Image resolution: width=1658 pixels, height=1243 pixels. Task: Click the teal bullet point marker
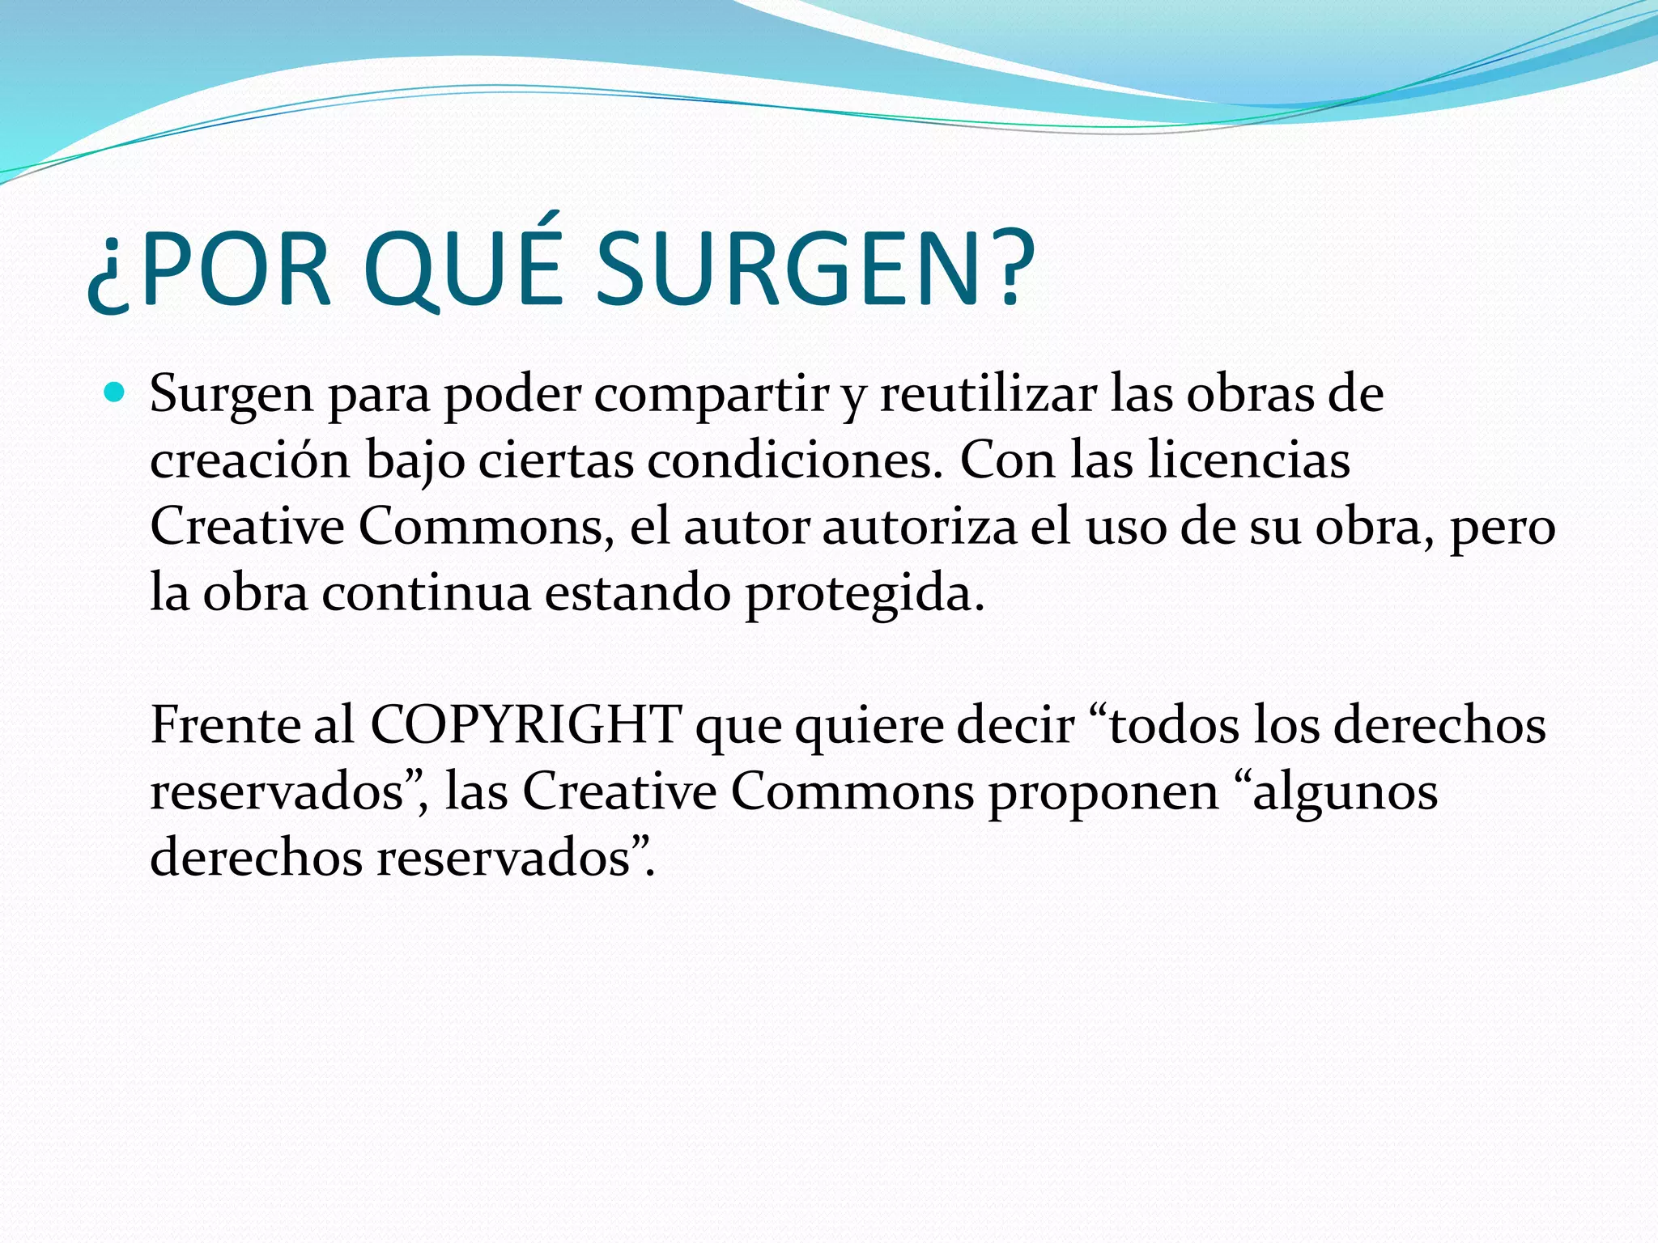click(115, 394)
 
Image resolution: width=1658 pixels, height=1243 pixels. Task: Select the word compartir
click(712, 396)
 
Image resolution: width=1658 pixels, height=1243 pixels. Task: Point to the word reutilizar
click(988, 396)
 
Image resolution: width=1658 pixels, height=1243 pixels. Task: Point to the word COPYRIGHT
click(526, 725)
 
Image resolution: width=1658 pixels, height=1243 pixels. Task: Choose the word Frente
click(226, 725)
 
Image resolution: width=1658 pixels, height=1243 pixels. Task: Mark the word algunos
click(1345, 792)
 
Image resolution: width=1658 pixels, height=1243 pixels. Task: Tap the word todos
click(1173, 725)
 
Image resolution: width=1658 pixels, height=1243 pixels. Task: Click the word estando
click(637, 593)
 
